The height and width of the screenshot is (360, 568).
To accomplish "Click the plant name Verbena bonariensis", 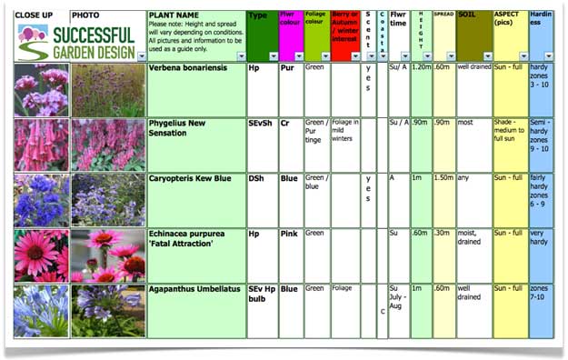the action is pyautogui.click(x=194, y=70).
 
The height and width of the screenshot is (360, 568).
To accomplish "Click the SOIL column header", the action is pyautogui.click(x=473, y=16).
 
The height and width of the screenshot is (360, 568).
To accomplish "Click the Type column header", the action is pyautogui.click(x=259, y=16).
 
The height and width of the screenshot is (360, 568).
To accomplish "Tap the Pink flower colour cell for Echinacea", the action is pyautogui.click(x=289, y=234).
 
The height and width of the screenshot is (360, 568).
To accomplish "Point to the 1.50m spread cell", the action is pyautogui.click(x=443, y=179).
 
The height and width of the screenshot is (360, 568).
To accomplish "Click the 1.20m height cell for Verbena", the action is pyautogui.click(x=421, y=68).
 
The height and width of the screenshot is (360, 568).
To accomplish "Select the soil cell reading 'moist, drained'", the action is pyautogui.click(x=473, y=237).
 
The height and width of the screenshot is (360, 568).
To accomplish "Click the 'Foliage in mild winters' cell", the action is pyautogui.click(x=344, y=128).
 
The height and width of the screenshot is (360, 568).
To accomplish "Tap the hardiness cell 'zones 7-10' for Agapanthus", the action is pyautogui.click(x=541, y=293).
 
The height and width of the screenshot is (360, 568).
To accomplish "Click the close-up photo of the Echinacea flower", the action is pyautogui.click(x=41, y=255).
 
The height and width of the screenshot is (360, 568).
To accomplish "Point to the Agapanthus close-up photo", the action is pyautogui.click(x=41, y=311).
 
